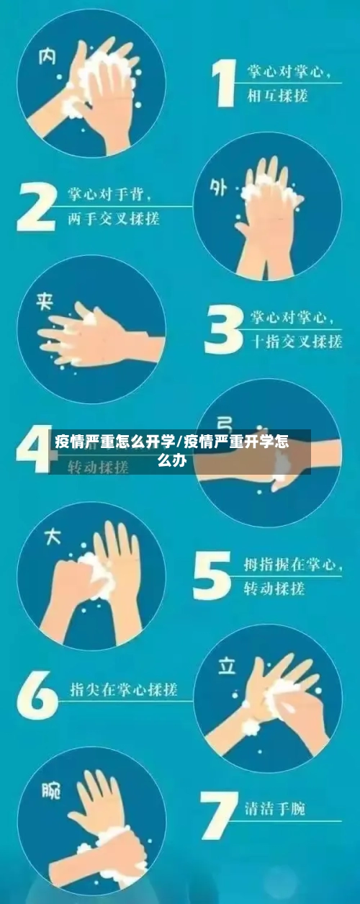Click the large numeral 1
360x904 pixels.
pos(225,84)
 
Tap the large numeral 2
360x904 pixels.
pos(36,205)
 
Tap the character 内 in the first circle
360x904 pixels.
pos(48,54)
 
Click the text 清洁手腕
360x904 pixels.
pos(274,809)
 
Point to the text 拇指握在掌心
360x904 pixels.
pos(291,566)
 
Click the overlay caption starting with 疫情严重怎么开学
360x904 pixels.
pos(173,451)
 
